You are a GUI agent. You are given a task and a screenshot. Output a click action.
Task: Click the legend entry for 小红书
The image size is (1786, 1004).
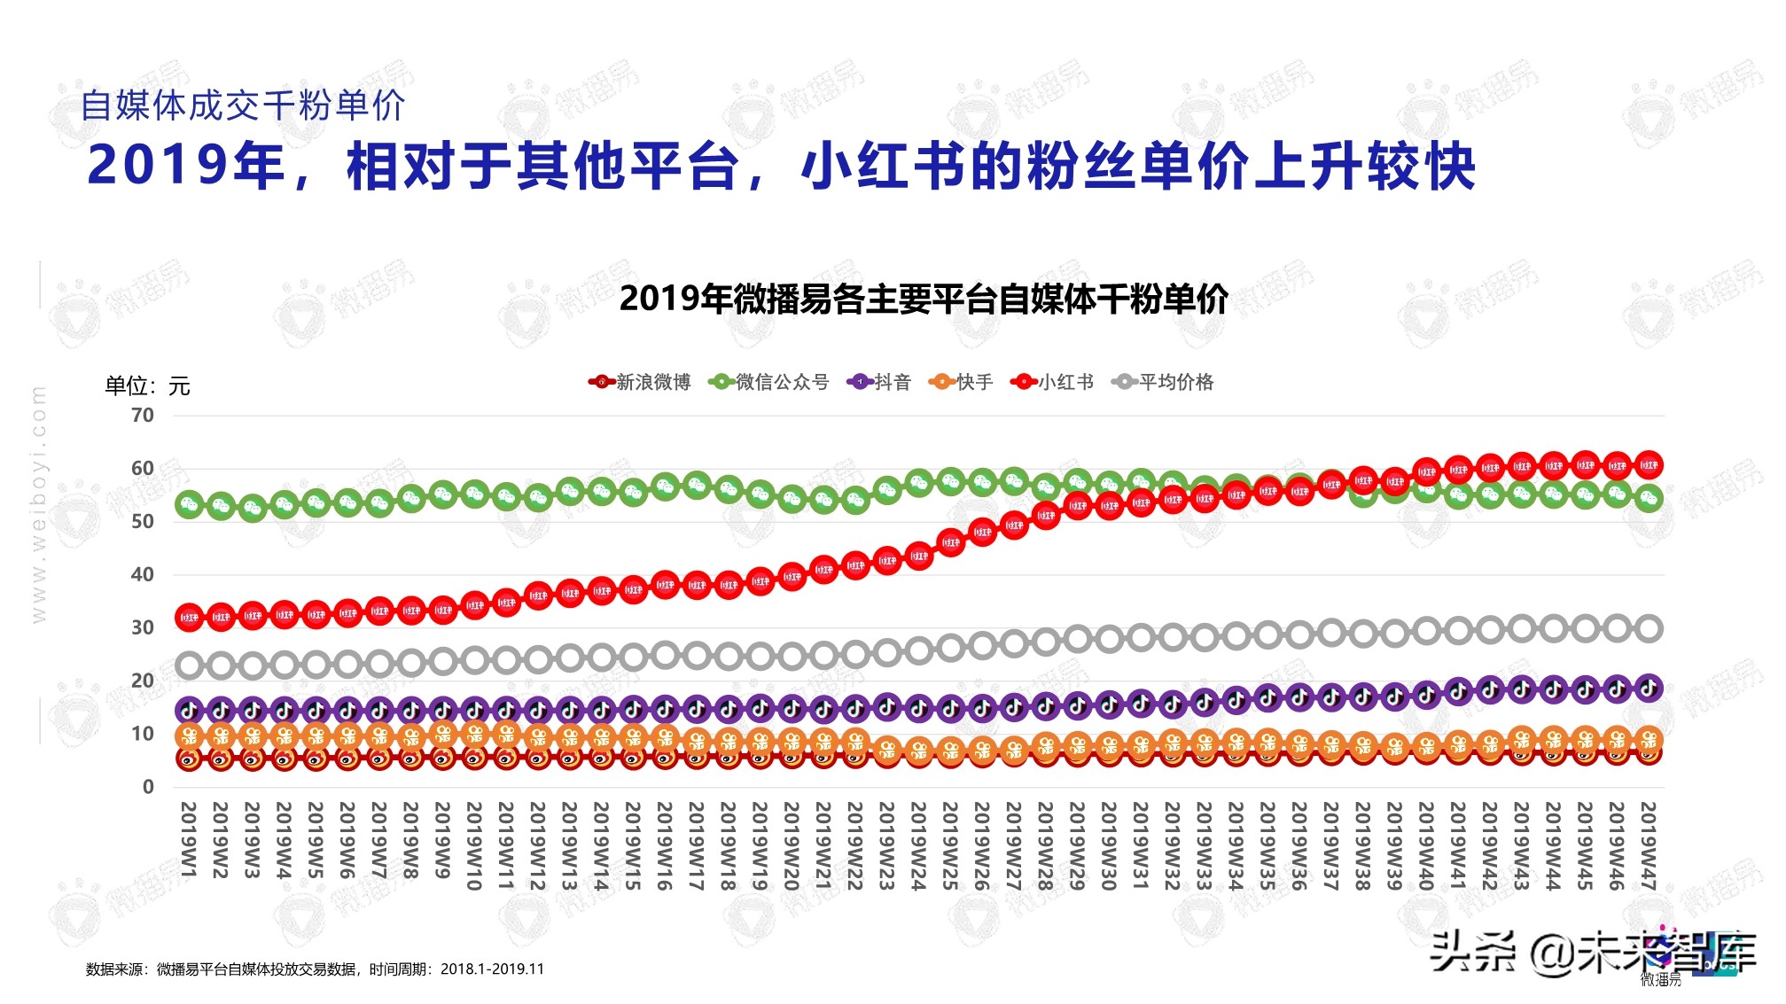click(x=1053, y=382)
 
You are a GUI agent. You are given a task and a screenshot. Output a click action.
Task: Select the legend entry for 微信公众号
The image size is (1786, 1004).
click(x=769, y=382)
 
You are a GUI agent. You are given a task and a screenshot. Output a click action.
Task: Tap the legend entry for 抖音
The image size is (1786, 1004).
click(x=879, y=382)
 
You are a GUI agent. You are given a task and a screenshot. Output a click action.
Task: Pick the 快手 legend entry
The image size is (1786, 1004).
click(x=961, y=382)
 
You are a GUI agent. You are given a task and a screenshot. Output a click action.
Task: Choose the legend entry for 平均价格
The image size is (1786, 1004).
click(x=1163, y=382)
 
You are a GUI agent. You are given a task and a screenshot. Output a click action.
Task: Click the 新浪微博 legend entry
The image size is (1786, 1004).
click(x=640, y=382)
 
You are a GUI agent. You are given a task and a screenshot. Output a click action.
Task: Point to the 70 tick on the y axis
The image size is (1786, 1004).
click(x=142, y=416)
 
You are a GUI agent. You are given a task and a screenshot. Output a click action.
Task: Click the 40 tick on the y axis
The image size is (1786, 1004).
click(x=142, y=574)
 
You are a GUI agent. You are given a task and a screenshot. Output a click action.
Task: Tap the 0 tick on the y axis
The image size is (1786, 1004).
click(x=147, y=787)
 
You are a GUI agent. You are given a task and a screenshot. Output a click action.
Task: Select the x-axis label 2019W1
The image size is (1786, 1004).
click(x=189, y=840)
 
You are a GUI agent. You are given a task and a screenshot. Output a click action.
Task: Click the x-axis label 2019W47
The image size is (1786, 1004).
click(x=1648, y=846)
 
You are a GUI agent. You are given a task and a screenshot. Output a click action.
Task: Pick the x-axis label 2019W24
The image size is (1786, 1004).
click(x=918, y=846)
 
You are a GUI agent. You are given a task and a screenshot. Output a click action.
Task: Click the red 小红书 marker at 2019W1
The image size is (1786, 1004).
click(x=189, y=617)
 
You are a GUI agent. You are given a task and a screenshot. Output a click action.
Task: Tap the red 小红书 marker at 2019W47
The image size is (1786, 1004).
click(x=1648, y=464)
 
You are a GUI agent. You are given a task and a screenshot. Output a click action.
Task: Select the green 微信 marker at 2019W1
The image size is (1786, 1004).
click(x=189, y=505)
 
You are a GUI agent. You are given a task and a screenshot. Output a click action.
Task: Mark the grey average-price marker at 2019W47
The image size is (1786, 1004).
click(x=1648, y=629)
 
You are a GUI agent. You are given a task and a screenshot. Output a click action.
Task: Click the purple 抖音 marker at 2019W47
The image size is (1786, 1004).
click(x=1648, y=688)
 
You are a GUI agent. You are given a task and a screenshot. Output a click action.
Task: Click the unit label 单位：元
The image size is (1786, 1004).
click(x=147, y=386)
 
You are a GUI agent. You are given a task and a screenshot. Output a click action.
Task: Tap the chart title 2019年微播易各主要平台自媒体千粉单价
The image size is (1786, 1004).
click(x=924, y=300)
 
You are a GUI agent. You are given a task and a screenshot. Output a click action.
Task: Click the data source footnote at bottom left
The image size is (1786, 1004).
click(x=315, y=969)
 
